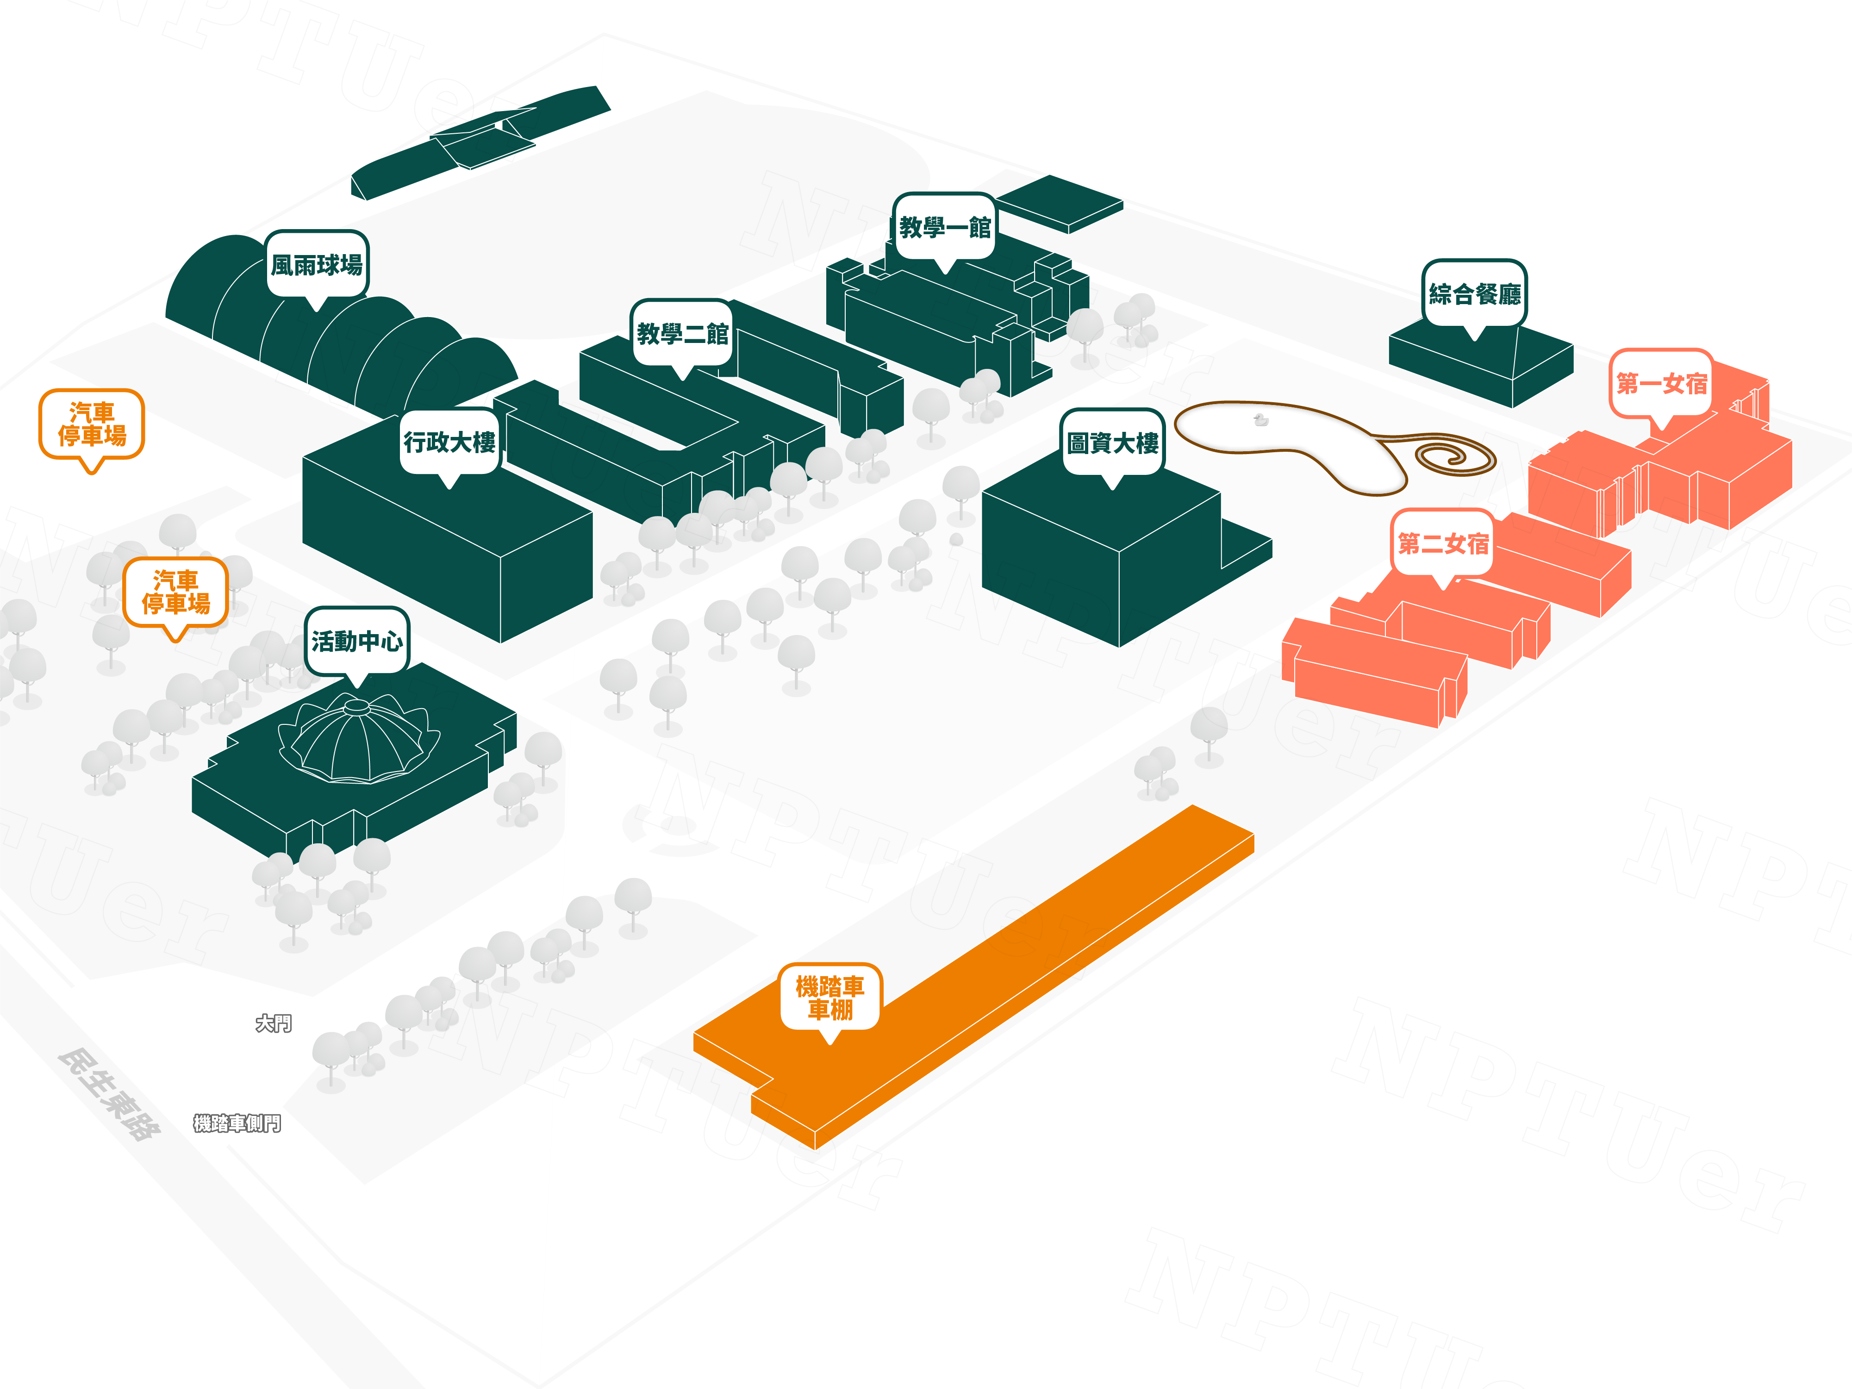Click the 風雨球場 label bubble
point(317,265)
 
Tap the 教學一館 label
point(944,227)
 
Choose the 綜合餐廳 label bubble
point(1474,293)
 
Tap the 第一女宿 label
point(1661,383)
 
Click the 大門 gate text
point(273,1023)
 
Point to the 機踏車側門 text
point(237,1123)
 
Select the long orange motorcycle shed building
point(1005,963)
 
